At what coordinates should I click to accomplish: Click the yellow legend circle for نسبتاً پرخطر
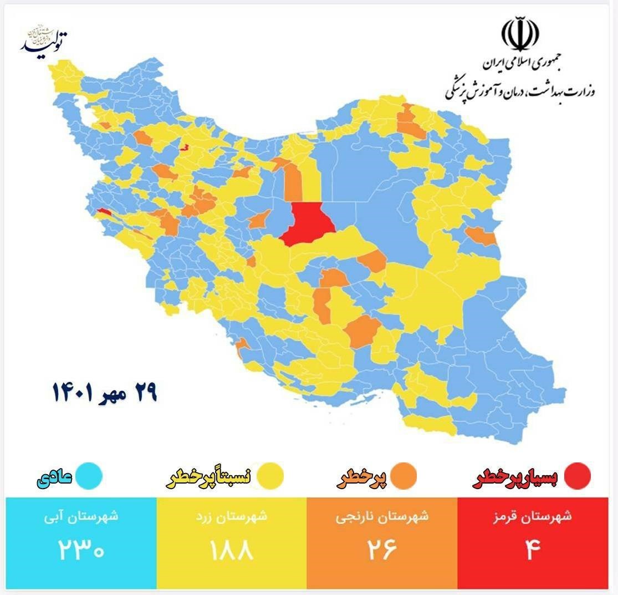[270, 476]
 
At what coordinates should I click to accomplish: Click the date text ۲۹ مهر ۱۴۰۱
[105, 393]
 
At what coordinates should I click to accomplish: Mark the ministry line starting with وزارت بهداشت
[520, 90]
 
